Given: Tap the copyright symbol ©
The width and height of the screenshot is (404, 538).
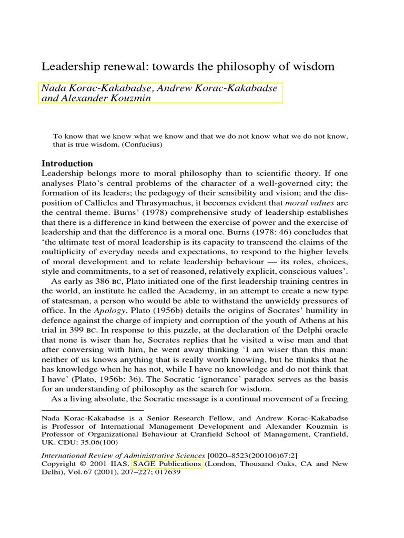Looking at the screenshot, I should pos(81,464).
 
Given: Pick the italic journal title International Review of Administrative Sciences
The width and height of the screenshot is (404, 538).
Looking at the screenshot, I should pos(123,454).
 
